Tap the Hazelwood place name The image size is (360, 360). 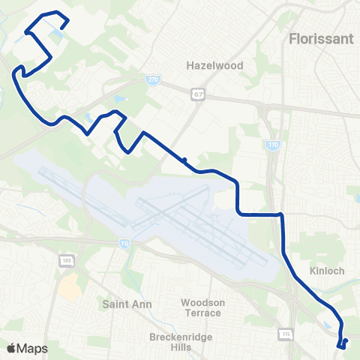pyautogui.click(x=215, y=65)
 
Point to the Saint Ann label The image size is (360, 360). pyautogui.click(x=127, y=304)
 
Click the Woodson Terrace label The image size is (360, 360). pyautogui.click(x=202, y=307)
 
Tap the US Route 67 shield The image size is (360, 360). pyautogui.click(x=197, y=94)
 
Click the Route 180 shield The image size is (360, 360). pyautogui.click(x=65, y=259)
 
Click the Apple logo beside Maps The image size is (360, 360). pyautogui.click(x=11, y=347)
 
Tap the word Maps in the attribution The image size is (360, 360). pyautogui.click(x=32, y=347)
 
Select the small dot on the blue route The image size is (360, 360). pyautogui.click(x=184, y=159)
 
